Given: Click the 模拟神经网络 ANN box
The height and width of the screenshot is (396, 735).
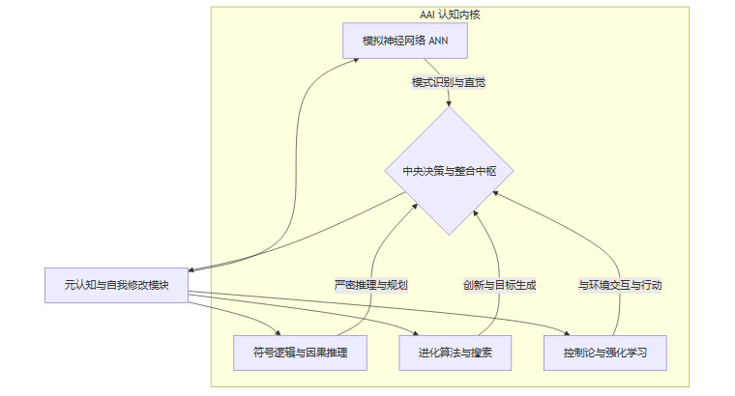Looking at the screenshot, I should [x=405, y=41].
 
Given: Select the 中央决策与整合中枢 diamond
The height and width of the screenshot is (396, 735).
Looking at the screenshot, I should [x=449, y=171].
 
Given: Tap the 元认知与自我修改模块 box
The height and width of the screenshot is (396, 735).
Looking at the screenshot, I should [x=116, y=285].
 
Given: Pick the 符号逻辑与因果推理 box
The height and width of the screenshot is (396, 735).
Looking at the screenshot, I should [x=300, y=353].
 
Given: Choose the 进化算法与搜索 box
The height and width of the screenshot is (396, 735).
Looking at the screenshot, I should [x=455, y=353].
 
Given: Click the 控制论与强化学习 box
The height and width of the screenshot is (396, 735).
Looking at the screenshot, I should [x=604, y=353].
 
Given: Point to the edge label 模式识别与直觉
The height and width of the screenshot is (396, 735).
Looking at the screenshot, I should [x=448, y=82].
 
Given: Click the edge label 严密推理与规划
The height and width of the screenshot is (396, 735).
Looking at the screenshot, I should [x=370, y=285].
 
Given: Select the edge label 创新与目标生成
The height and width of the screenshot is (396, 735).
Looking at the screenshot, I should [x=499, y=285].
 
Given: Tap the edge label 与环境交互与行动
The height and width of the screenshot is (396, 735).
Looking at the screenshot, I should [x=620, y=285].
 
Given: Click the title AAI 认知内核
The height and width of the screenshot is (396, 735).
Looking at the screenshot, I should [x=450, y=13].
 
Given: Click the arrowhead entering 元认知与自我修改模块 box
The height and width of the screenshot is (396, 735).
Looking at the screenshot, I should [x=191, y=269].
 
